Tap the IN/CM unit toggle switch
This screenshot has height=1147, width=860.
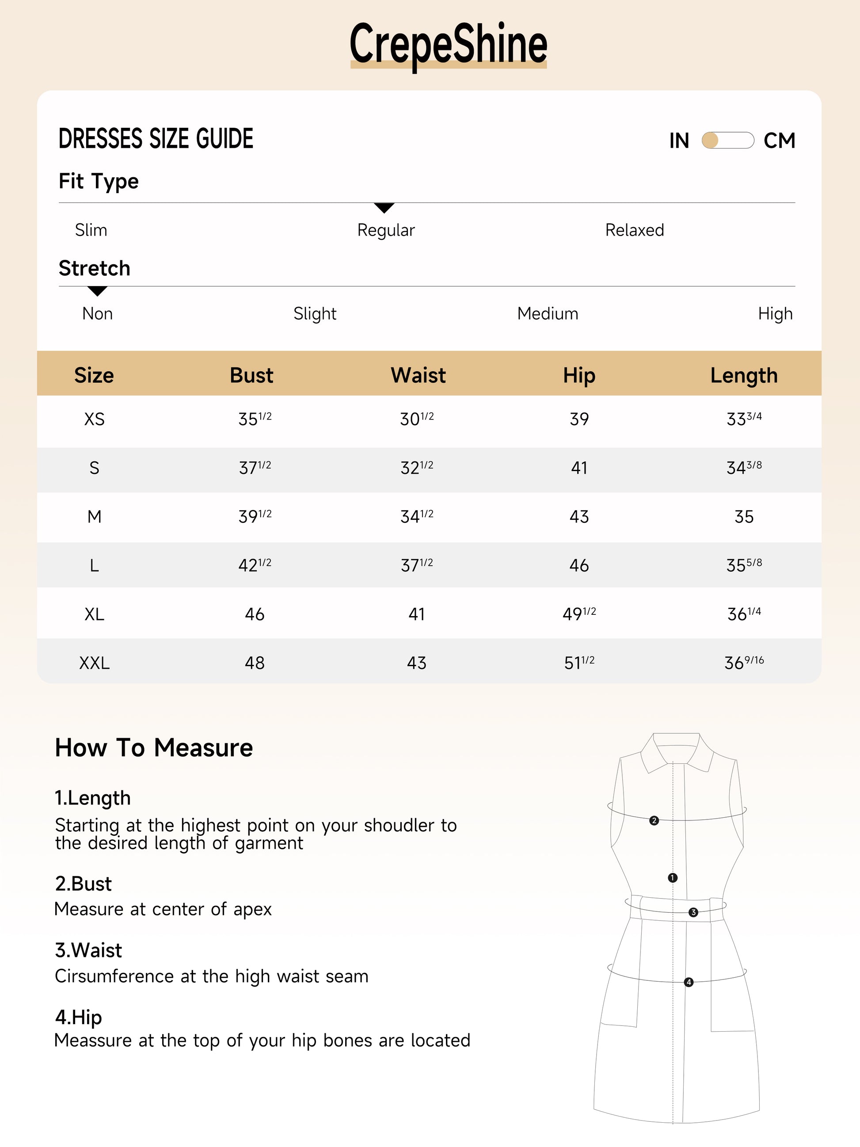coord(727,141)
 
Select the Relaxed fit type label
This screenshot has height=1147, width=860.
coord(635,230)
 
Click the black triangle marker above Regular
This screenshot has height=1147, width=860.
coord(384,208)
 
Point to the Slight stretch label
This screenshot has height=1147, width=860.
coord(315,314)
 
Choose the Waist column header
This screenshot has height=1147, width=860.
coord(418,375)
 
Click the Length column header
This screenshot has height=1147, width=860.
coord(743,375)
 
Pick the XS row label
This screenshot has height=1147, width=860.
coord(94,419)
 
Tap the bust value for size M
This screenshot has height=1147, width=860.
coord(255,516)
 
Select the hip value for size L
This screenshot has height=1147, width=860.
coord(579,565)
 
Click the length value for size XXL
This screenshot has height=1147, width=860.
coord(743,663)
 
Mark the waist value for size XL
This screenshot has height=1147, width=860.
coord(417,614)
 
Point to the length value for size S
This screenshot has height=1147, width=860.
coord(743,468)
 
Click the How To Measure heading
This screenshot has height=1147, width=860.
coord(154,748)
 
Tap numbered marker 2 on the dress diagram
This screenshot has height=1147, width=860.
coord(654,820)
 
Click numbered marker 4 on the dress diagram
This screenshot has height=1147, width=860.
coord(689,982)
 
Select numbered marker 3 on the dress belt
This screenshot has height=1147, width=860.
coord(693,912)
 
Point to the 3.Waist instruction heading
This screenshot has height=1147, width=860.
coord(89,950)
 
